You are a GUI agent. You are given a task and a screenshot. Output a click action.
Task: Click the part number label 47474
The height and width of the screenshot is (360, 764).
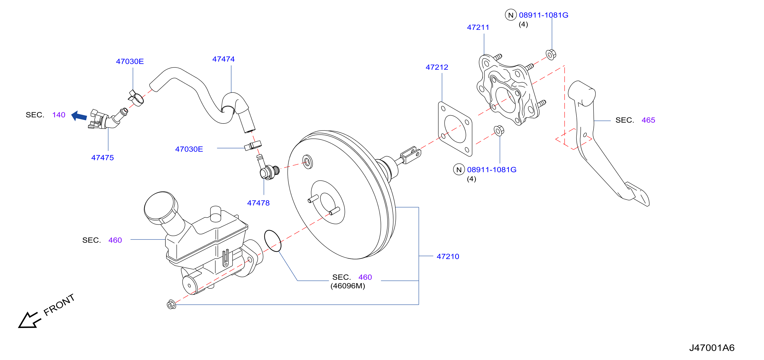223,59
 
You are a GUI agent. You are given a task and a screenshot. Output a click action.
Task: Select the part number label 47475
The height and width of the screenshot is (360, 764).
102,158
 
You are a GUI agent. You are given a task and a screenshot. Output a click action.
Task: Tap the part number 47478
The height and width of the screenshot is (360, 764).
258,203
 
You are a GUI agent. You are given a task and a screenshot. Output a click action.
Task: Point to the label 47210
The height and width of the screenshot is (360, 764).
448,256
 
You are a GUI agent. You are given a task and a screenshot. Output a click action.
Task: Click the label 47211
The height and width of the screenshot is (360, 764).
478,27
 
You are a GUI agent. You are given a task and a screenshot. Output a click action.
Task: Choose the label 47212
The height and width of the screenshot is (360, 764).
437,67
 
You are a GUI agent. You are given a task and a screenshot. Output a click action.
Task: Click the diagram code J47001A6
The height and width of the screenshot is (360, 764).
712,348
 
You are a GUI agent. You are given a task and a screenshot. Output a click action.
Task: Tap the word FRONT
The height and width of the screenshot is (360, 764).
59,305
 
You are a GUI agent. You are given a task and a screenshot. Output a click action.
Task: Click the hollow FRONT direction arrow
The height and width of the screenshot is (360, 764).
29,320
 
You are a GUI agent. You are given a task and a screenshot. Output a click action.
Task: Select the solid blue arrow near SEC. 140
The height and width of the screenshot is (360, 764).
79,116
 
